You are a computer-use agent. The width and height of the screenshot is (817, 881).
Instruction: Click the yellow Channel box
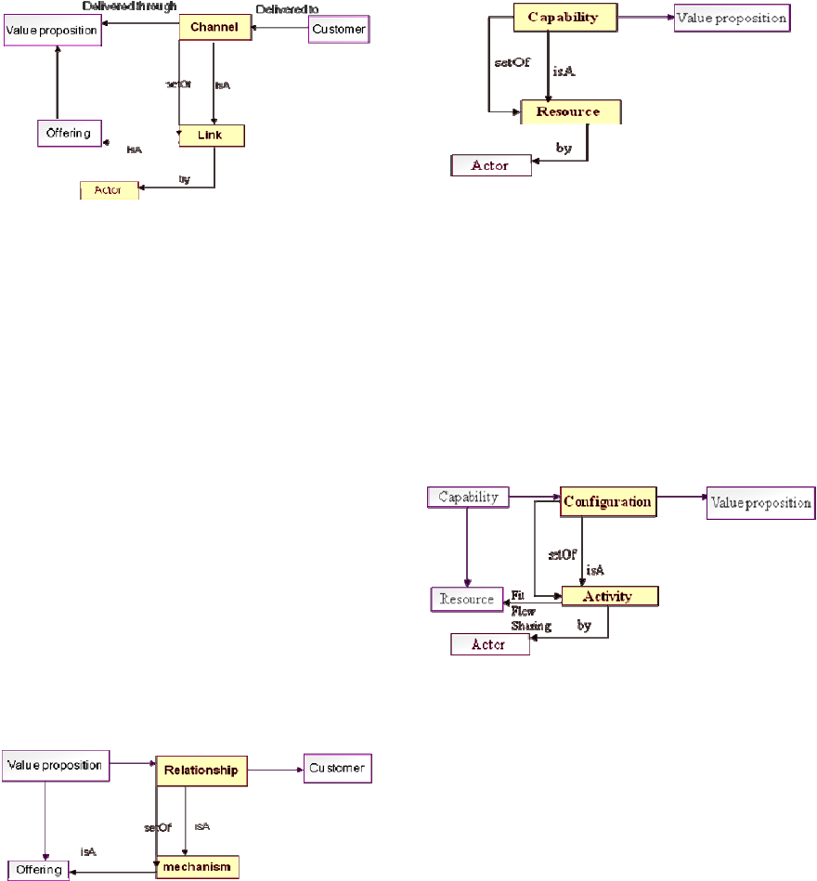click(x=214, y=28)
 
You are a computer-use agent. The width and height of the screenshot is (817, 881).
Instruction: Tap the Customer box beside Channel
click(x=338, y=30)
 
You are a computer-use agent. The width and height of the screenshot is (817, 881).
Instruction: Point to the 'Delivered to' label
click(x=287, y=9)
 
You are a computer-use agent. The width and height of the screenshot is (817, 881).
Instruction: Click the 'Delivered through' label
click(x=129, y=6)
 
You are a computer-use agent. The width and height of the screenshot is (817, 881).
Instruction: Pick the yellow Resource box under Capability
click(x=571, y=112)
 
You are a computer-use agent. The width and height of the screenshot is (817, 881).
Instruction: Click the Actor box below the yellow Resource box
click(x=490, y=165)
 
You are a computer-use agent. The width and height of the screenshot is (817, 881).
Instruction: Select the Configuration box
click(x=607, y=501)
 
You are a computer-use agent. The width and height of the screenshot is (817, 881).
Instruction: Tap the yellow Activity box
click(x=609, y=596)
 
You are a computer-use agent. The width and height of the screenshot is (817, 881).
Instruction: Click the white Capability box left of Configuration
click(x=468, y=497)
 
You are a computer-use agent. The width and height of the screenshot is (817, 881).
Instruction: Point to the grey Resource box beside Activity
click(x=466, y=599)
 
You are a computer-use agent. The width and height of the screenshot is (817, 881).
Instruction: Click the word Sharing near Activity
click(x=530, y=626)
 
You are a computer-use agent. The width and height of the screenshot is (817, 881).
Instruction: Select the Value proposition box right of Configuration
click(x=760, y=502)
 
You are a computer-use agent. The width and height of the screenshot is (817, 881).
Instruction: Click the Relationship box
click(x=201, y=770)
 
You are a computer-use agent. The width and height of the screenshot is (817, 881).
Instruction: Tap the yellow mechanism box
click(x=197, y=867)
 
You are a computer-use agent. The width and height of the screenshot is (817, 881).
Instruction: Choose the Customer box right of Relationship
click(x=338, y=769)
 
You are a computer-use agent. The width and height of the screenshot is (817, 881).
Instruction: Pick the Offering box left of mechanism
click(x=38, y=870)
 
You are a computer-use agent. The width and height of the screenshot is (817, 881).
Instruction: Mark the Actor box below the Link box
click(x=109, y=190)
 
